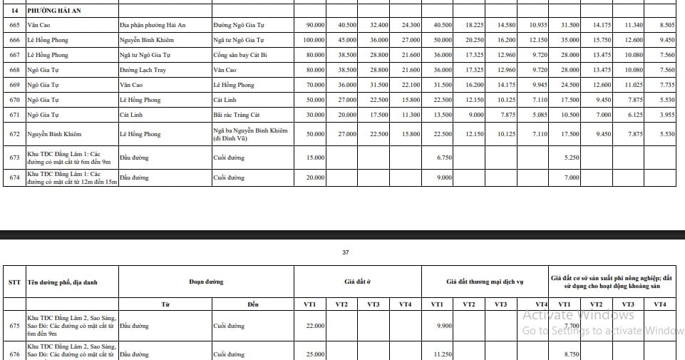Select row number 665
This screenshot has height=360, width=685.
(14, 25)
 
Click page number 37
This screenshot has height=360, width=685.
(346, 252)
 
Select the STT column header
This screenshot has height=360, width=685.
(14, 282)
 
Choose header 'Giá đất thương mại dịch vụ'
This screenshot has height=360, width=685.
(485, 282)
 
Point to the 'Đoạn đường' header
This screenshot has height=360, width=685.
(206, 282)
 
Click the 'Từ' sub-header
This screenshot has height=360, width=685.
(165, 304)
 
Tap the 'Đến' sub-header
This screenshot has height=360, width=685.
(253, 304)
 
